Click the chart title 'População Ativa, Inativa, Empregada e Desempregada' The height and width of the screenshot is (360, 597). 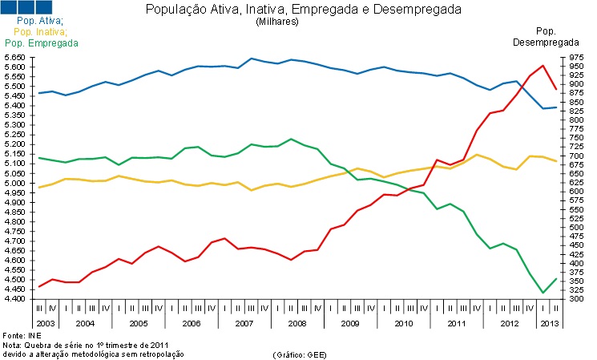(x=303, y=10)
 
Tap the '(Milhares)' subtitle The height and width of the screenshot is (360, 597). (x=277, y=22)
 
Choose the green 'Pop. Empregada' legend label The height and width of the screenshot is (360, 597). (x=36, y=42)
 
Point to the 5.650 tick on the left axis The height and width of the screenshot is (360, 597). (x=14, y=58)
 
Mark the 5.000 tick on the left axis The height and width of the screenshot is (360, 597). (x=14, y=184)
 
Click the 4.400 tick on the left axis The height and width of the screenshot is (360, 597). (x=14, y=299)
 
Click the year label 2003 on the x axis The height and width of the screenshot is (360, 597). (x=46, y=322)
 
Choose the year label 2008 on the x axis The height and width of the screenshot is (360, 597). (x=296, y=322)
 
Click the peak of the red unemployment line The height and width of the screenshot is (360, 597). (x=543, y=66)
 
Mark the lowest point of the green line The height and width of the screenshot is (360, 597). (x=543, y=293)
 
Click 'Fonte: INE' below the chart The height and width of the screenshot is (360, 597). (x=22, y=334)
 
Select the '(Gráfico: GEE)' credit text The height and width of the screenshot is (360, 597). (x=300, y=354)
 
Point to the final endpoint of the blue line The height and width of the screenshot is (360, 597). (x=556, y=107)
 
